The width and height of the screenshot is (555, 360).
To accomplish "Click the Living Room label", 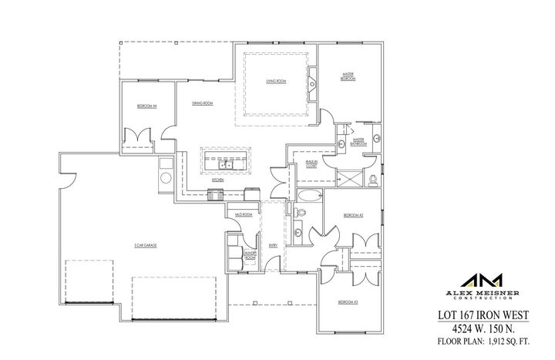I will click(277, 80).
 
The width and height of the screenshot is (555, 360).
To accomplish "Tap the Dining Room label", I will click(203, 103).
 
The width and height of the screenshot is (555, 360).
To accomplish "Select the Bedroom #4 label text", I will click(147, 106).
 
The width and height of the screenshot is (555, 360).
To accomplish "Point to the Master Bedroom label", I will click(348, 76).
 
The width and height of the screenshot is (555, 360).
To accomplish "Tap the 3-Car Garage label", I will click(146, 245).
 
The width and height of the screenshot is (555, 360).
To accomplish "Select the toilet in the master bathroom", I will click(373, 180).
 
